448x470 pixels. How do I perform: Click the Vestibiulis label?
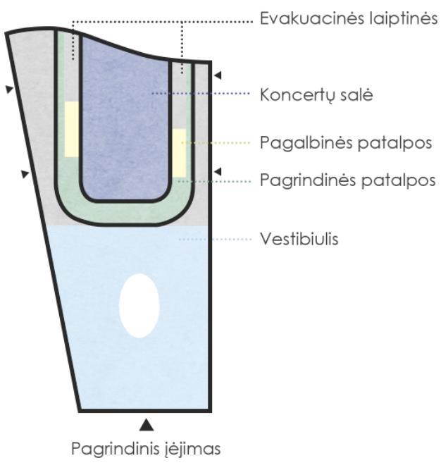click(x=299, y=240)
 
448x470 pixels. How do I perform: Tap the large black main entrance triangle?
click(x=146, y=423)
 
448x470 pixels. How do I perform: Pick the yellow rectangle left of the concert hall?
click(x=71, y=129)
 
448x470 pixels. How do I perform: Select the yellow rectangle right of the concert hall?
click(x=179, y=152)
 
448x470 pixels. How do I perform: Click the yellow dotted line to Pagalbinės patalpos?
click(x=218, y=143)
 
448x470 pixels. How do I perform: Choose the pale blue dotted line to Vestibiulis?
click(x=215, y=240)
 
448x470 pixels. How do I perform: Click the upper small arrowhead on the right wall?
click(x=218, y=74)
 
